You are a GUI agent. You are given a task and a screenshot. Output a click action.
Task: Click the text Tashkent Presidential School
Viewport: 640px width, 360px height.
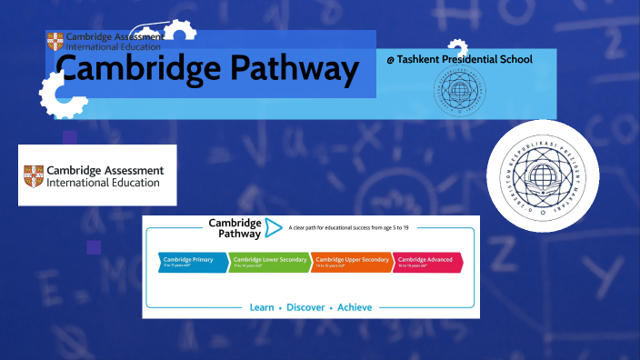tap(465, 60)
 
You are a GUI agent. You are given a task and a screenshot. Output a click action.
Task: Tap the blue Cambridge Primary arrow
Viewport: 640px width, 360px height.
tap(192, 262)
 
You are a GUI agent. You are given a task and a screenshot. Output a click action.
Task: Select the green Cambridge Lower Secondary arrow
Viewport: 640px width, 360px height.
tap(268, 262)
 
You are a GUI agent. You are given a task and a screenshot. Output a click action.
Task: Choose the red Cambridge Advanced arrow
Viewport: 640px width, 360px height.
tap(427, 262)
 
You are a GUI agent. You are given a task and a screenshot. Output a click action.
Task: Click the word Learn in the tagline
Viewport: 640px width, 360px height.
tap(263, 307)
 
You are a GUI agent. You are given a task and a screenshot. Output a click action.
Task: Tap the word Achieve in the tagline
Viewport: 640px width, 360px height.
tap(355, 307)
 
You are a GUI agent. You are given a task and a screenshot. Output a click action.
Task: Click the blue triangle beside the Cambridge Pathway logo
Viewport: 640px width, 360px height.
tap(272, 227)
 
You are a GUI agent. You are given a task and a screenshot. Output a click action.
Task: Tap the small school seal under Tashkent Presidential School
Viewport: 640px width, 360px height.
tap(459, 92)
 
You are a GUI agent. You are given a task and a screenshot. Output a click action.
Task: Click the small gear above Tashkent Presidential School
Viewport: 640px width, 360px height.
tap(458, 50)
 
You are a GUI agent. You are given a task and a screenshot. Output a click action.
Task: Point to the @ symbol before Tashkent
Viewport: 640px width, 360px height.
tap(390, 60)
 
